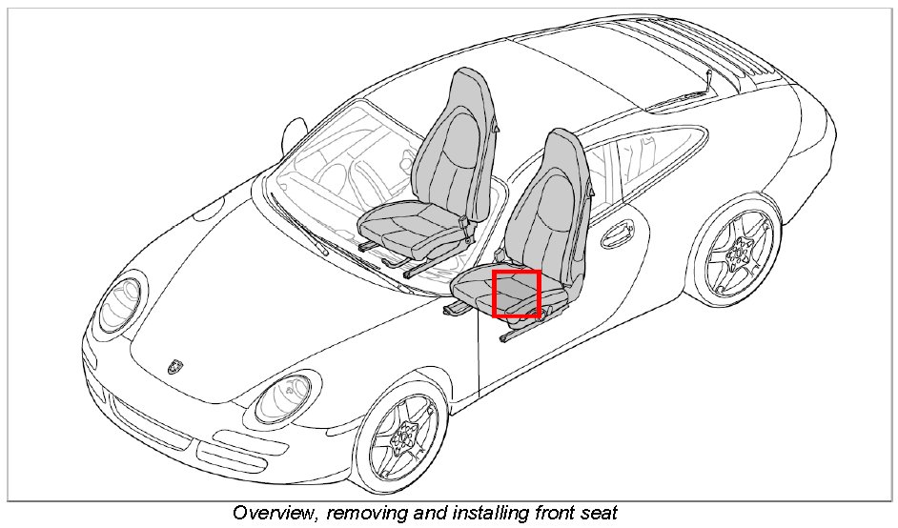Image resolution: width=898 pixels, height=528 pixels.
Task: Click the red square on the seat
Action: click(x=517, y=294)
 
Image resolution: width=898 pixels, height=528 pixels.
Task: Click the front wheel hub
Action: click(x=401, y=437)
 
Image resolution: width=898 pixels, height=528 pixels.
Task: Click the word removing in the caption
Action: click(x=364, y=513)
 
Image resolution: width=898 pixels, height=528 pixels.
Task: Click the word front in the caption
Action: click(x=556, y=513)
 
